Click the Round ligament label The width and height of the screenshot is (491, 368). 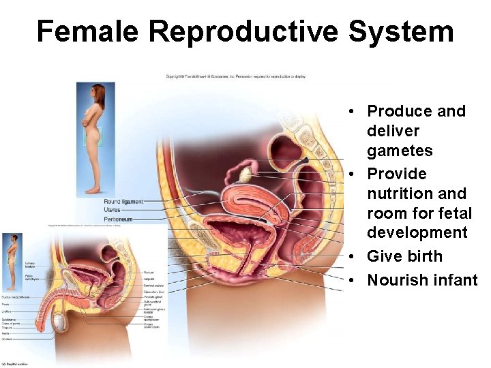click(x=123, y=202)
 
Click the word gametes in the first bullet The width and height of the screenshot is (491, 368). click(x=400, y=150)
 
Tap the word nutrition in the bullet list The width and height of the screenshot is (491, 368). click(x=396, y=194)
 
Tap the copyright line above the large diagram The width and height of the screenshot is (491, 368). click(x=235, y=76)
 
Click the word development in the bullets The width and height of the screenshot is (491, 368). click(x=417, y=232)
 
